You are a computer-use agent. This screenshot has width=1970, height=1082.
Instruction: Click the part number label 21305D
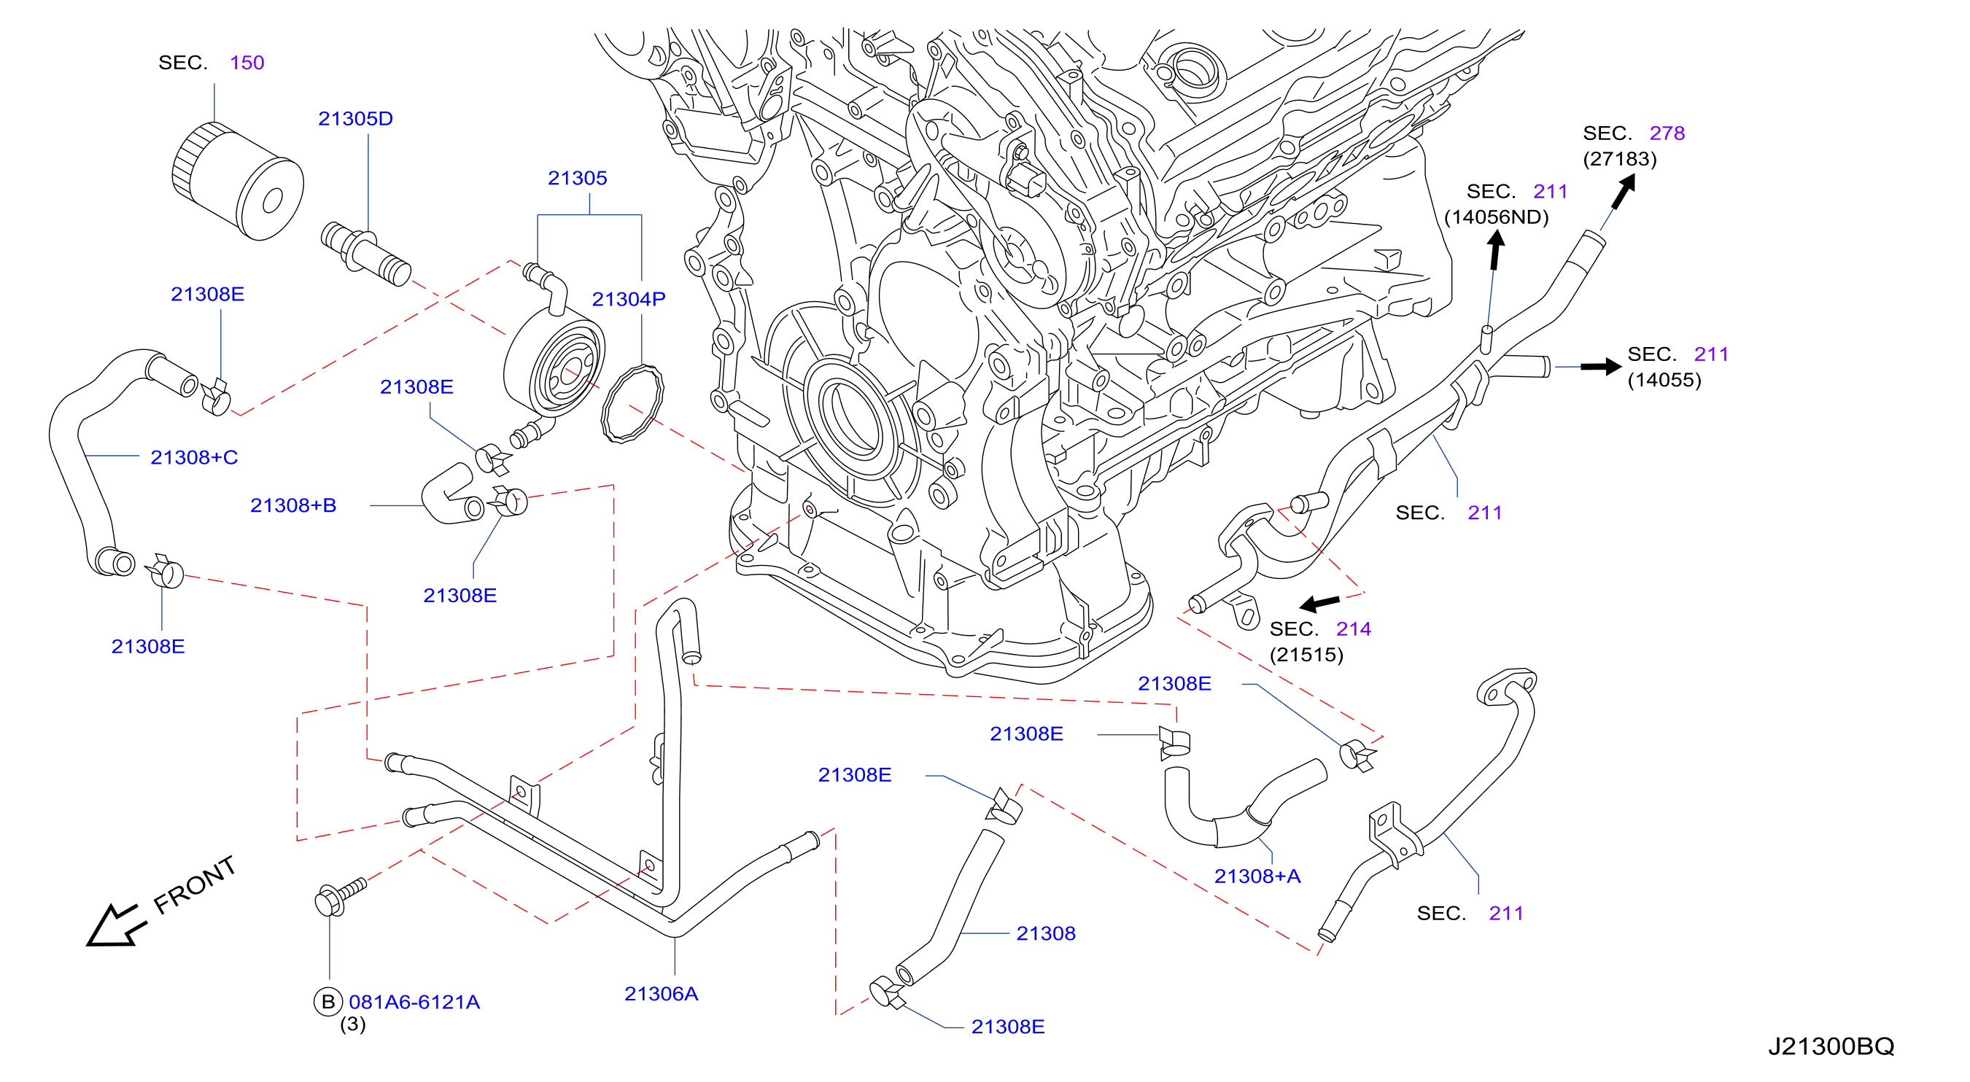coord(356,119)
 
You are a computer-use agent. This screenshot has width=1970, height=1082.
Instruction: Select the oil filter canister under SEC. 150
coord(238,182)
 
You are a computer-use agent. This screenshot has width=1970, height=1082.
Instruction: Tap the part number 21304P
coord(629,299)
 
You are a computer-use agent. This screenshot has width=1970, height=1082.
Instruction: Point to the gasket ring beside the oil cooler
coord(632,404)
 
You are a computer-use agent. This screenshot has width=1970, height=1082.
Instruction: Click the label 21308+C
coord(194,457)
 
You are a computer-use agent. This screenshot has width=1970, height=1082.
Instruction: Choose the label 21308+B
coord(294,505)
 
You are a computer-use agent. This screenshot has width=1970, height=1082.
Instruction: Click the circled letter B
coord(328,1002)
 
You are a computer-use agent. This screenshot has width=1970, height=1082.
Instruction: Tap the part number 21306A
coord(662,993)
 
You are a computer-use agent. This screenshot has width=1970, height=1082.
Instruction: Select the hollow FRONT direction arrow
coord(115,925)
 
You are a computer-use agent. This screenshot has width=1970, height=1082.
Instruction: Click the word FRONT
coord(194,885)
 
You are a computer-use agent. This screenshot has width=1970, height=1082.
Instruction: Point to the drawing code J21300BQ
coord(1831,1046)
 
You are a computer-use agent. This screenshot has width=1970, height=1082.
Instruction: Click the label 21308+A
coord(1257,876)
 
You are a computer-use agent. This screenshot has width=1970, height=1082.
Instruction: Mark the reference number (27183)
coord(1620,159)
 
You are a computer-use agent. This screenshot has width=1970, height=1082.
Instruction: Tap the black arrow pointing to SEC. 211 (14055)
coord(1601,367)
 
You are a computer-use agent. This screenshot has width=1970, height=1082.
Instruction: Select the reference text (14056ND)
coord(1496,217)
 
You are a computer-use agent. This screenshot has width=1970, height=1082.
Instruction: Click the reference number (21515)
coord(1306,655)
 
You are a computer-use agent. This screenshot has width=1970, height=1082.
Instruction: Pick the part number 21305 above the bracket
coord(578,178)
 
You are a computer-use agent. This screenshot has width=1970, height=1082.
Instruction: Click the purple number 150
coord(247,63)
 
